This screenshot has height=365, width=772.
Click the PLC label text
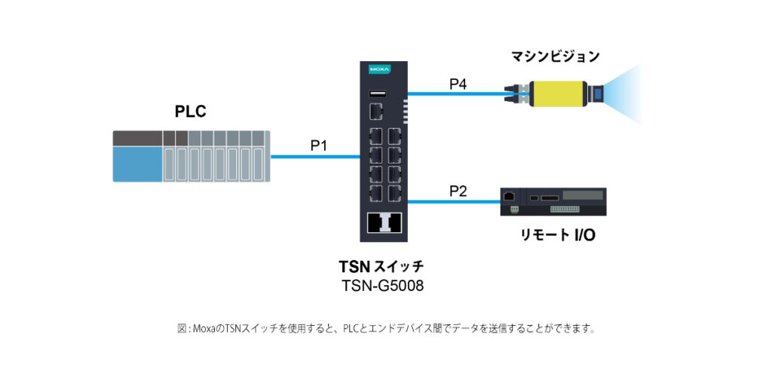[x=190, y=112]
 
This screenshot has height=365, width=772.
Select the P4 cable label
[x=458, y=84]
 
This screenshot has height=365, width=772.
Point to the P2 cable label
[x=458, y=191]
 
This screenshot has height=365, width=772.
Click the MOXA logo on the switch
[x=379, y=69]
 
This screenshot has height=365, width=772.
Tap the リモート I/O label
[x=558, y=235]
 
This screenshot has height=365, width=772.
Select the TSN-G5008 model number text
[x=381, y=286]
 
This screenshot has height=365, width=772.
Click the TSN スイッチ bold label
[x=381, y=266]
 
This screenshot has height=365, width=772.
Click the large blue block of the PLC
[x=137, y=164]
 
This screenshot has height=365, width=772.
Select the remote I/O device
[x=554, y=202]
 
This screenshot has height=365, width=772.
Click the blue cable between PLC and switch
[x=317, y=158]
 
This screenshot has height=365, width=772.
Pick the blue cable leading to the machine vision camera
[x=460, y=95]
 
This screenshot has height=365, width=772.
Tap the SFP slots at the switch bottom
[x=384, y=222]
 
